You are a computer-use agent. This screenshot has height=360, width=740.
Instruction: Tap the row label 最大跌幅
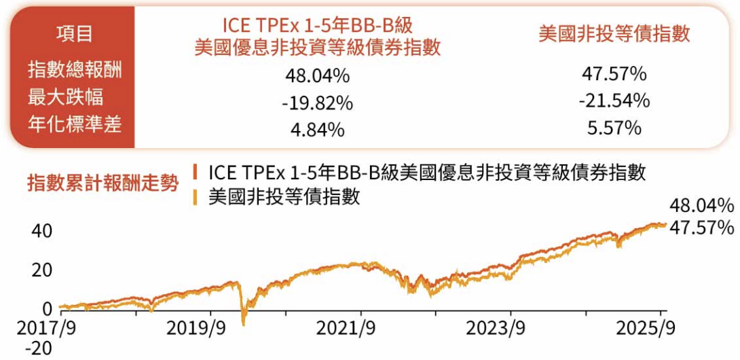coord(66,97)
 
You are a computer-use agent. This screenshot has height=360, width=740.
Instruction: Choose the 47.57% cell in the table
coord(614,73)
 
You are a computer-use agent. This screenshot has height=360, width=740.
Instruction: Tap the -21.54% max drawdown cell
coord(614,101)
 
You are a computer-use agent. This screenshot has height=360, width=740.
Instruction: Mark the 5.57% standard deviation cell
coord(614,128)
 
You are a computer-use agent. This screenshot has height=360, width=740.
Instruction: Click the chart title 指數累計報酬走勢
coord(103,182)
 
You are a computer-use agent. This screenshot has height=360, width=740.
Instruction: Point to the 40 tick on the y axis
coord(42,231)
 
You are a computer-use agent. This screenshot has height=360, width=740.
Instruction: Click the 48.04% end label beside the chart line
coord(701,206)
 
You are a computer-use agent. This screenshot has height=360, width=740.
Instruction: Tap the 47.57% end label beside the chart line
coord(701,228)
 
